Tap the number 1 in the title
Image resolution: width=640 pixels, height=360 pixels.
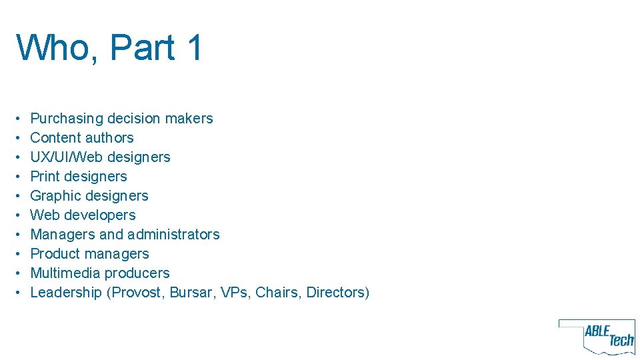(x=195, y=48)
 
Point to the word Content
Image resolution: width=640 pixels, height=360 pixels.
(x=55, y=138)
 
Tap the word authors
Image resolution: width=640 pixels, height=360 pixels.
(x=109, y=138)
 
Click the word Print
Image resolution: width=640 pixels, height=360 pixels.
(x=46, y=177)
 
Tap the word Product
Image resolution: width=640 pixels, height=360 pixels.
(x=55, y=254)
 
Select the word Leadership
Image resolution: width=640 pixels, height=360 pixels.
(x=66, y=293)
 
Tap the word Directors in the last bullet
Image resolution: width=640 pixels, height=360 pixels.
(x=337, y=293)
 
